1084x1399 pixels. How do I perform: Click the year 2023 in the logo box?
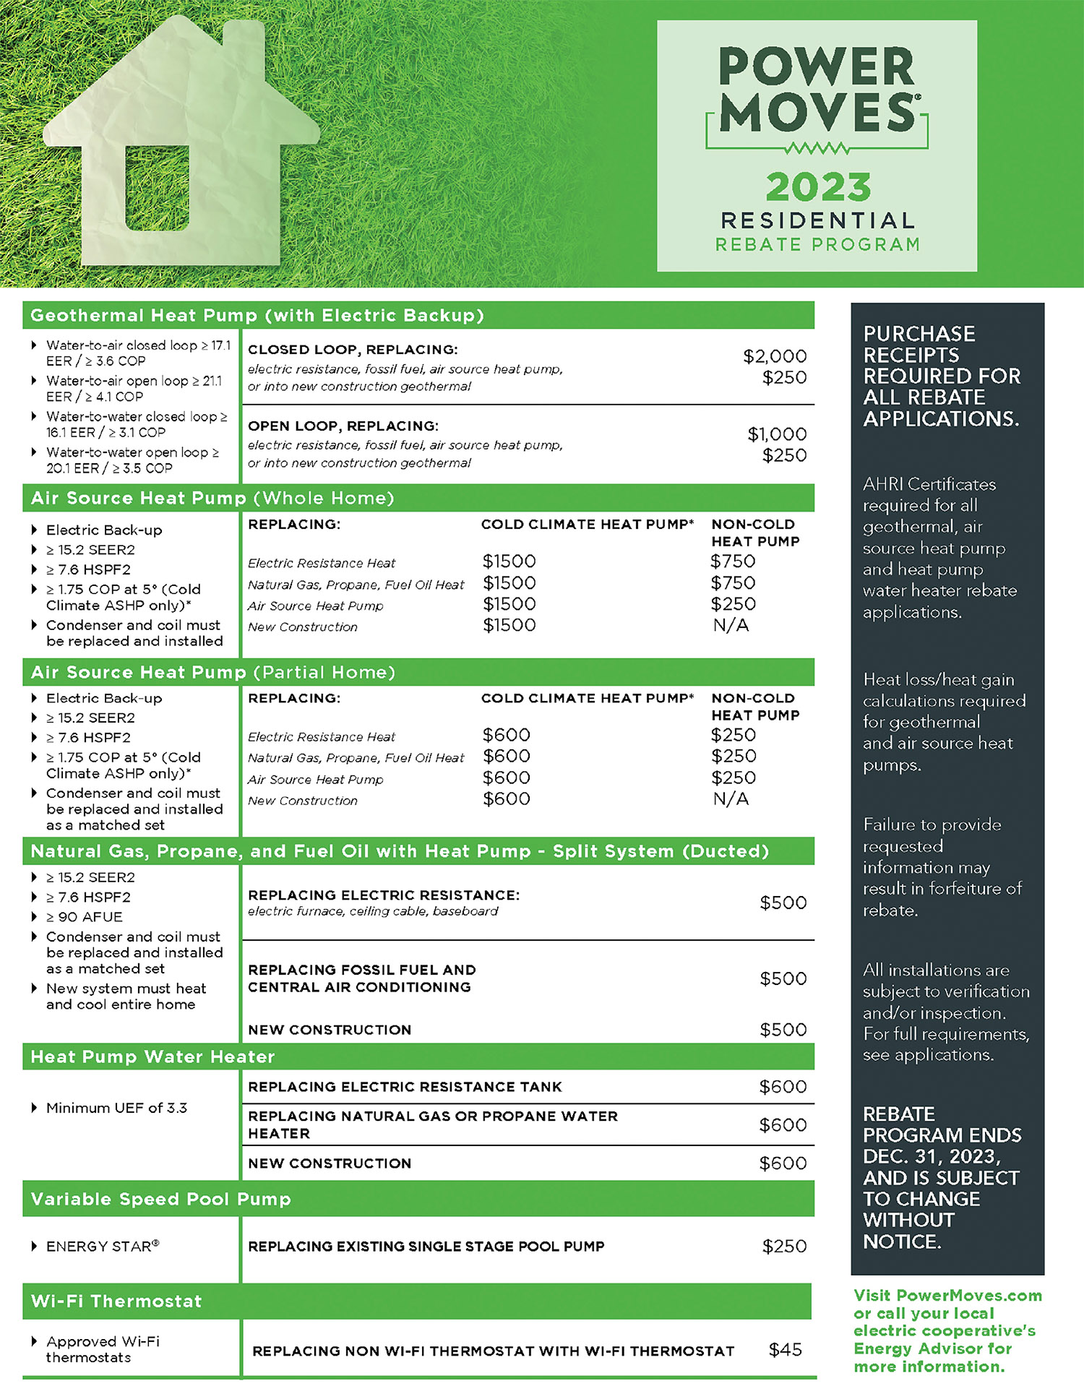(x=818, y=188)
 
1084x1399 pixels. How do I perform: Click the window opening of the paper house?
(x=157, y=187)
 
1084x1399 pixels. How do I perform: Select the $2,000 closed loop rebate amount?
(x=775, y=356)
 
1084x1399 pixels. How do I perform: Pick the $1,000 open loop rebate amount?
(x=777, y=434)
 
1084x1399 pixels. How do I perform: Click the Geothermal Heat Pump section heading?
(x=257, y=316)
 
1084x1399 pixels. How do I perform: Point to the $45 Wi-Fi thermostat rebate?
(x=785, y=1350)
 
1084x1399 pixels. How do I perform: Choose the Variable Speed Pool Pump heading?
(x=160, y=1199)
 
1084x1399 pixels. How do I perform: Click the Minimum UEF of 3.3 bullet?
(x=116, y=1108)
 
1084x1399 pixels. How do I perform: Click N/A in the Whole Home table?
(x=731, y=626)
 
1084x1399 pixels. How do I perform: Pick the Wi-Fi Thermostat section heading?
(x=116, y=1301)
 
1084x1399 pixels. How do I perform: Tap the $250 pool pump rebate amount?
(x=784, y=1247)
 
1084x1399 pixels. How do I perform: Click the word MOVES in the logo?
(x=817, y=113)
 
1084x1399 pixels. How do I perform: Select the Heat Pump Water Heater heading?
(x=152, y=1057)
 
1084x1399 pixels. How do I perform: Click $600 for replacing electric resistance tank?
(x=783, y=1087)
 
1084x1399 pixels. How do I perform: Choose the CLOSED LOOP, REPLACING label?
(x=353, y=350)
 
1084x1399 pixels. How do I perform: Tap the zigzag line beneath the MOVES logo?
(x=817, y=149)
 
